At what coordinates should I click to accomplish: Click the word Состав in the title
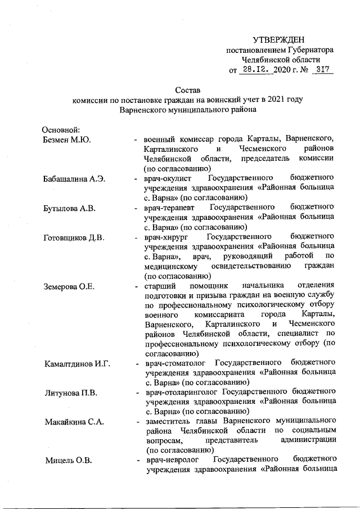(x=188, y=90)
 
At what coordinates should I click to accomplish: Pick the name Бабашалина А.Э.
(x=73, y=180)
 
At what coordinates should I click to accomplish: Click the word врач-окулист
(x=166, y=180)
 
